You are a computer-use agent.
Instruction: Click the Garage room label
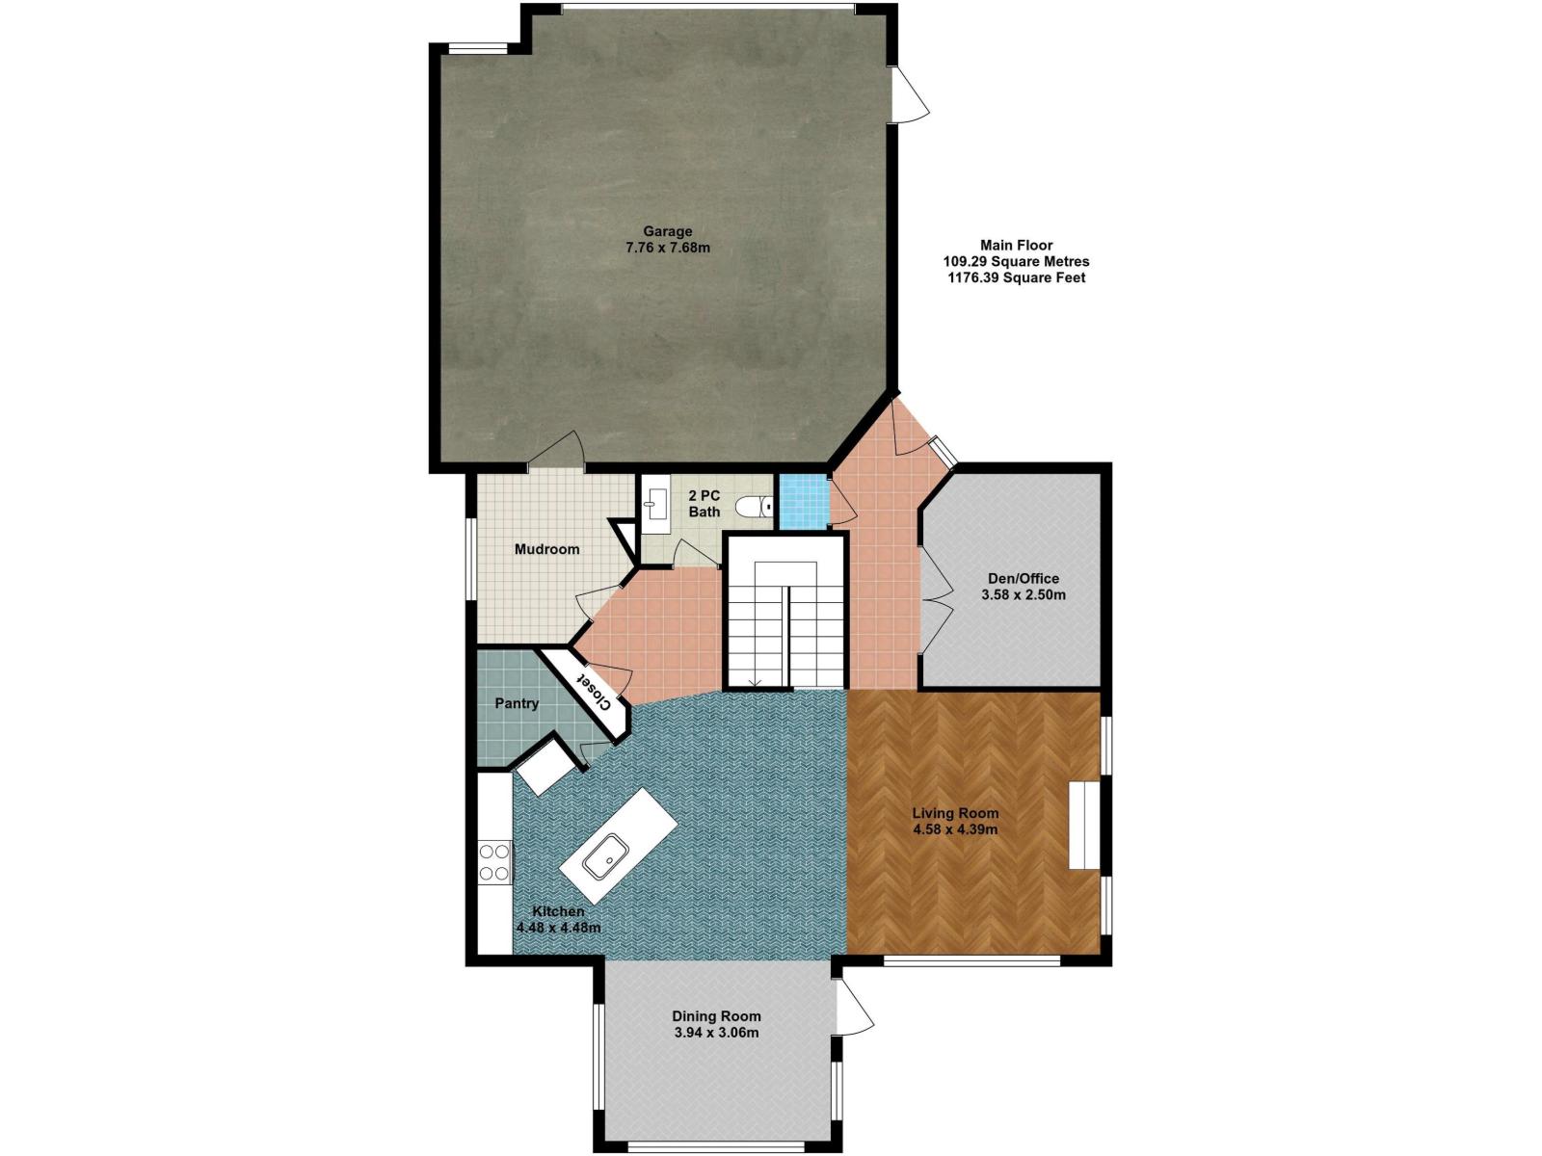(667, 231)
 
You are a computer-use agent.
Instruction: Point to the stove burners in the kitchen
(493, 862)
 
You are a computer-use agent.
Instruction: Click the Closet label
(592, 691)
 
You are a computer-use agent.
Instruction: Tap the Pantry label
(517, 702)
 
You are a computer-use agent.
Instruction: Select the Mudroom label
(546, 549)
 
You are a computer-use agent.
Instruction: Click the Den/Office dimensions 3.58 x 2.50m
(1023, 595)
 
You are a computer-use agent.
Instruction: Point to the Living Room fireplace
(1084, 826)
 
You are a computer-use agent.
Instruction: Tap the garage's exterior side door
(911, 94)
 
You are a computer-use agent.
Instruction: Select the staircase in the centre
(784, 612)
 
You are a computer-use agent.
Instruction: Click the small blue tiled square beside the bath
(802, 500)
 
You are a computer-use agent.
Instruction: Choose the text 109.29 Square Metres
(1016, 261)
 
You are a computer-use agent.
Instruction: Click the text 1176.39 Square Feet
(1016, 278)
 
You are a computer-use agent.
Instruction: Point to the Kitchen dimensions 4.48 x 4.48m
(558, 927)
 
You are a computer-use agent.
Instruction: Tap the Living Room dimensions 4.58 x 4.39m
(955, 828)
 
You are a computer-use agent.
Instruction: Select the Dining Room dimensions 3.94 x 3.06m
(716, 1033)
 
